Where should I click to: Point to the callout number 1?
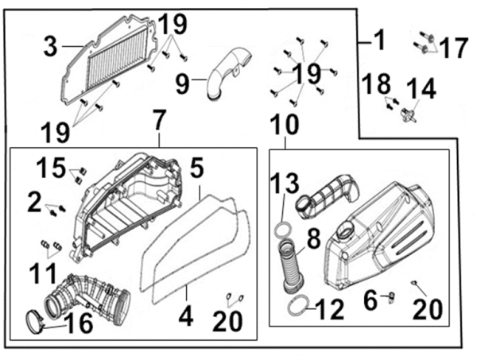click(x=379, y=39)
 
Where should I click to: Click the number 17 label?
click(x=454, y=48)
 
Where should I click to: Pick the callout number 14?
click(x=421, y=88)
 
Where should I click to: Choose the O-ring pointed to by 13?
click(x=282, y=230)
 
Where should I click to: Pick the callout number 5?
click(x=196, y=168)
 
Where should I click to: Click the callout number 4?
click(x=184, y=316)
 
